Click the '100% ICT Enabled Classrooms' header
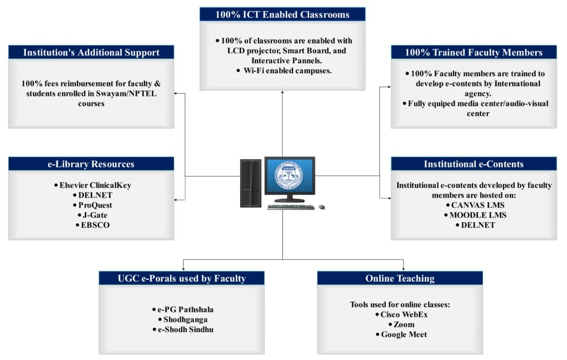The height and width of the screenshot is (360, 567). (282, 14)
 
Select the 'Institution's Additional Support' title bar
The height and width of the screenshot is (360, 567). (91, 53)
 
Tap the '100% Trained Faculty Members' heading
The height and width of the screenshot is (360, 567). (473, 53)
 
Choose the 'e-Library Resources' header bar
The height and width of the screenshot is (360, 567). (91, 164)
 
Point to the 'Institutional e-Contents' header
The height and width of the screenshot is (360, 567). (473, 164)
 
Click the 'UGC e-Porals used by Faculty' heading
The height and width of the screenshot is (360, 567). (182, 278)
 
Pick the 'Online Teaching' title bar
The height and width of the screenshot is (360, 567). (400, 278)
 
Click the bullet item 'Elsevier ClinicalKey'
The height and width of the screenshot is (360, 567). (91, 185)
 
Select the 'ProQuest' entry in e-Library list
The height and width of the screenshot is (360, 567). (91, 205)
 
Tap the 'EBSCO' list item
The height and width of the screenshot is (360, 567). (91, 225)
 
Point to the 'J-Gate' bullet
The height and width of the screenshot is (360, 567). (91, 215)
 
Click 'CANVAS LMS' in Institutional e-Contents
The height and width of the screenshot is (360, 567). (473, 205)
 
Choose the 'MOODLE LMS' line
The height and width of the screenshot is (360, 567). (473, 215)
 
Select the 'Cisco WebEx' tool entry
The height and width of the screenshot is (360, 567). (400, 315)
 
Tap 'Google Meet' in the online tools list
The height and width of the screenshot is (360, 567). (400, 335)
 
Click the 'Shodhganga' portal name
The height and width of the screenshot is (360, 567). (182, 320)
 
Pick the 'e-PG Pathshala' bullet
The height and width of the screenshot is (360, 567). (182, 310)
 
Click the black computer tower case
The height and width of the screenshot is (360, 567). (251, 183)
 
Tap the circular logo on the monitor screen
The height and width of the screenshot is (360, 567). (290, 174)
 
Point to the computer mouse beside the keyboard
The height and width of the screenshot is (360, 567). (322, 207)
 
